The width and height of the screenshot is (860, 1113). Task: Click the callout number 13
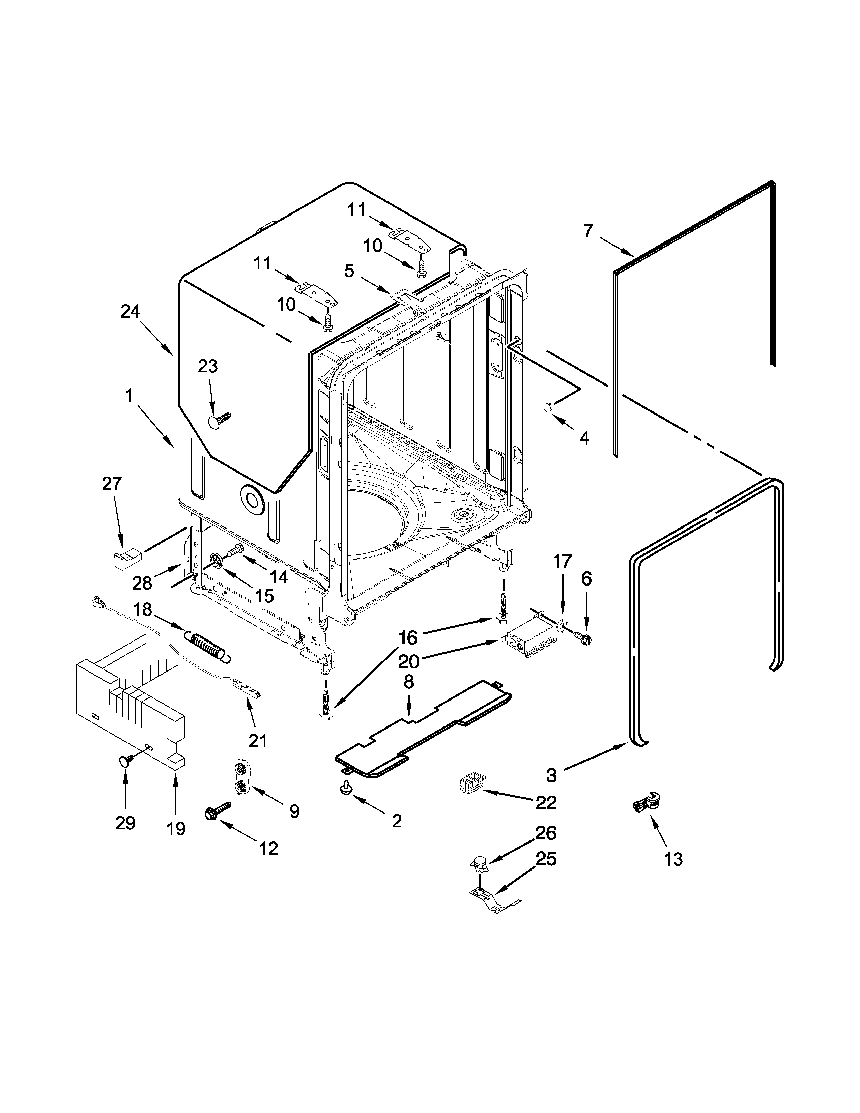click(673, 859)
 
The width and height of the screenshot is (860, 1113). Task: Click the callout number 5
click(349, 270)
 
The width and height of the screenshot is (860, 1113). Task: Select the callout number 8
click(409, 682)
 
